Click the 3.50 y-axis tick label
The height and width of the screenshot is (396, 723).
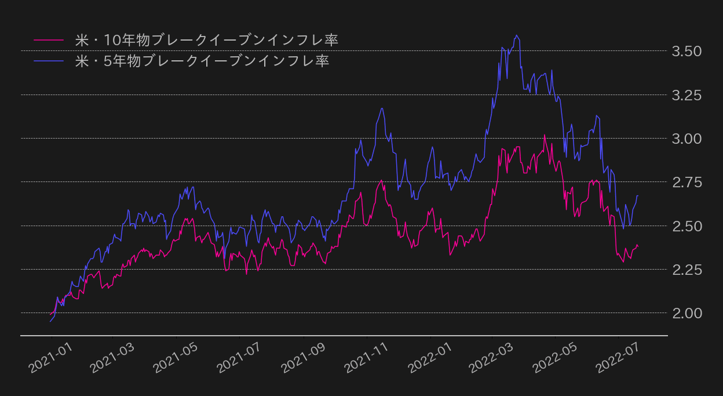click(687, 52)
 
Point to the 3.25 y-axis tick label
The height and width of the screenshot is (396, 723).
click(687, 95)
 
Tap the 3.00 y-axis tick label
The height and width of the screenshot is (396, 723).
click(687, 139)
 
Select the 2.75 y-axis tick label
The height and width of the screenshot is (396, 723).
click(687, 182)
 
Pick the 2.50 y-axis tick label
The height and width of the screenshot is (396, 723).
click(687, 226)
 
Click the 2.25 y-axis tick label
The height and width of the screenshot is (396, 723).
click(687, 270)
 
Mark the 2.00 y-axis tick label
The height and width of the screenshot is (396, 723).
click(687, 313)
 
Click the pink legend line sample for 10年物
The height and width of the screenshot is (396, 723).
click(49, 40)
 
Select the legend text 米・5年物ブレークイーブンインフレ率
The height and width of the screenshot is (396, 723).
click(202, 60)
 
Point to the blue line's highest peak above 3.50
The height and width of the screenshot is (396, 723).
click(516, 35)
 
